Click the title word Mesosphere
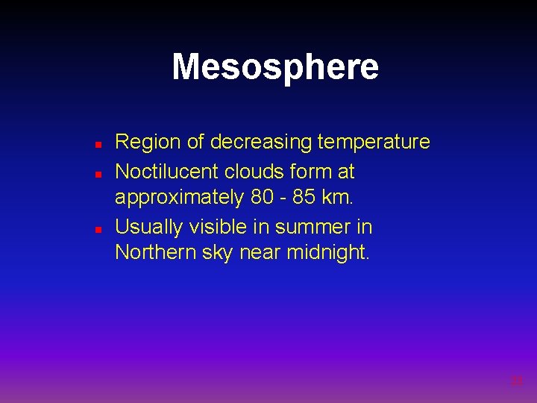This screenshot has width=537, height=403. (275, 67)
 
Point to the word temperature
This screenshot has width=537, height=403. (374, 142)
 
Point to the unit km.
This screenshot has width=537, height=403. (342, 198)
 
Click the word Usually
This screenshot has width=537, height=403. (150, 227)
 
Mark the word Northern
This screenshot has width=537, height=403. (155, 253)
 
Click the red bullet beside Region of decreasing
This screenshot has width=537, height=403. (98, 143)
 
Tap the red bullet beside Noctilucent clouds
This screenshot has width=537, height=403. (98, 172)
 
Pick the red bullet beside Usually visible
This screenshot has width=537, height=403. (98, 228)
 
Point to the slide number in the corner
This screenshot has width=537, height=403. (516, 381)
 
